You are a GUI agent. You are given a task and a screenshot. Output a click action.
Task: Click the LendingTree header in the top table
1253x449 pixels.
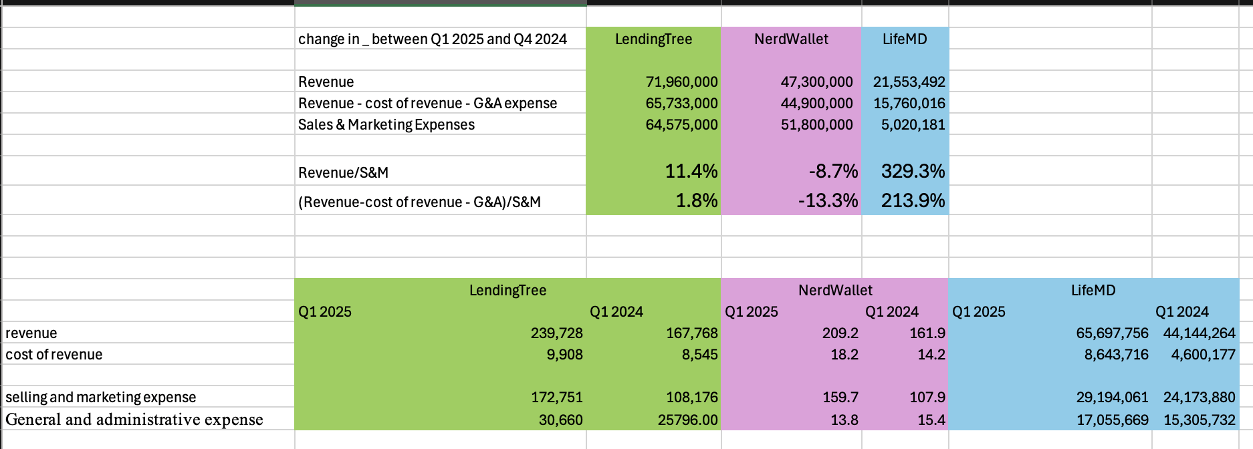653,39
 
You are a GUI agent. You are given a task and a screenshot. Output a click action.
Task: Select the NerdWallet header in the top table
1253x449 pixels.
791,39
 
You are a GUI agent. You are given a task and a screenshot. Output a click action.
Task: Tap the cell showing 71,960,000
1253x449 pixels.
681,82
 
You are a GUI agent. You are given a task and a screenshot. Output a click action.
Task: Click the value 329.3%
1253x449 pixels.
913,172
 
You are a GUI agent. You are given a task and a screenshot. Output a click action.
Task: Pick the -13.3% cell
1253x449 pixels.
828,201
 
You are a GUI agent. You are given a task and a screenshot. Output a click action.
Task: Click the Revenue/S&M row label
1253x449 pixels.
343,173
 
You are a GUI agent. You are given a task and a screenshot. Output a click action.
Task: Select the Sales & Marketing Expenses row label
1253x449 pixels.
386,125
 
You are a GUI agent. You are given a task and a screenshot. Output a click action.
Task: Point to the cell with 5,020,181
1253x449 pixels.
913,125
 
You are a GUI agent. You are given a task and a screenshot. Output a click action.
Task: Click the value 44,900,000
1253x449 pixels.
816,104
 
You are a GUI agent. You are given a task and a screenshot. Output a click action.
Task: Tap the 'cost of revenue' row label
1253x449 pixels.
54,355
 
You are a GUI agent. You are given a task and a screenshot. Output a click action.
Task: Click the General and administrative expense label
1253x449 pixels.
134,420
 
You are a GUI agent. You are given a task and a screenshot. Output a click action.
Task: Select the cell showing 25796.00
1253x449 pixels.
687,420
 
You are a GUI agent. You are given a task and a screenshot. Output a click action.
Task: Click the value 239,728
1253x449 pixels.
556,333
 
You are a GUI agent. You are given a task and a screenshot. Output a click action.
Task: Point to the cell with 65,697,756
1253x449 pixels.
1112,333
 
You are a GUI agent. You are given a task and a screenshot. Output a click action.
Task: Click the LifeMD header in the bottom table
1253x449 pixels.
1093,291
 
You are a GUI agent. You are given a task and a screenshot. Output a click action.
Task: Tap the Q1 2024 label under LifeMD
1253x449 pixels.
1181,312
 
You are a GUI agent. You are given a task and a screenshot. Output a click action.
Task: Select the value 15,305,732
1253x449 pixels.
1199,420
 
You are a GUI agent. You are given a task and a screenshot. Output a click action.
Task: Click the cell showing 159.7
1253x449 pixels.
840,398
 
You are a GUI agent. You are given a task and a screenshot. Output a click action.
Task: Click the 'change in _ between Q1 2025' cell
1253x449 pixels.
433,39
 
